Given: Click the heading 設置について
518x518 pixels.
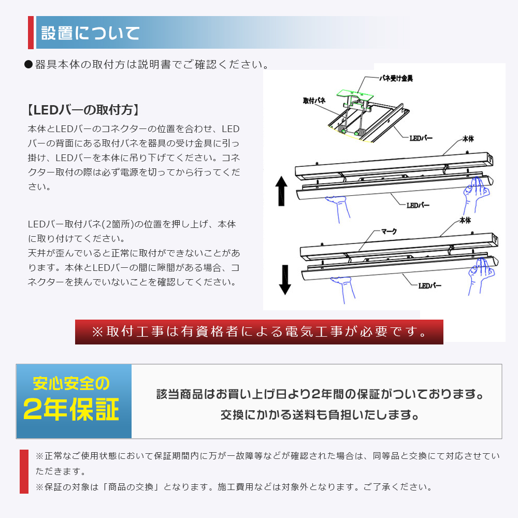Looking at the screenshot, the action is [x=90, y=33].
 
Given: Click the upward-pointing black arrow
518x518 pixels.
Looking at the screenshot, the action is [x=281, y=191].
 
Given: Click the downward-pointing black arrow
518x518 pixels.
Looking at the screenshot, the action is [x=285, y=280].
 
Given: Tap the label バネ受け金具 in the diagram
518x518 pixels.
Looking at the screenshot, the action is [x=396, y=78].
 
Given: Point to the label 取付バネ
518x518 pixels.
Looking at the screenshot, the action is [x=314, y=100].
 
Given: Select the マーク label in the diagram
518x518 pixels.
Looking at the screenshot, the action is [x=389, y=232].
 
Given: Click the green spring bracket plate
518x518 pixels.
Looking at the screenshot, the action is [x=355, y=95].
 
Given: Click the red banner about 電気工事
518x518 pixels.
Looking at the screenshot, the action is [x=259, y=332].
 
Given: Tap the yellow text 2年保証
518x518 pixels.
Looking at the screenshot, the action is [x=71, y=409].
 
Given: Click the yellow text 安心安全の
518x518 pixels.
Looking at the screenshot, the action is [x=71, y=383].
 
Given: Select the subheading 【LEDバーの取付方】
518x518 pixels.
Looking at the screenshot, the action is [x=83, y=110].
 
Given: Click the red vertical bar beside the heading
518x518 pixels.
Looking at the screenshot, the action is [x=31, y=32].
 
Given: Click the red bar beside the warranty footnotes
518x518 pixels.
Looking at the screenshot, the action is [x=24, y=471].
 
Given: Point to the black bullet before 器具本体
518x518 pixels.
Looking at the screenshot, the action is [x=28, y=64].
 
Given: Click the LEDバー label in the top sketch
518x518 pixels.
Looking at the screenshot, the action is [x=421, y=138].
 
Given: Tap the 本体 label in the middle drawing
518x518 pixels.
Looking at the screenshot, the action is [x=468, y=139].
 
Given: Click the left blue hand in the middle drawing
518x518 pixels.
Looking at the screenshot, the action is [x=338, y=209].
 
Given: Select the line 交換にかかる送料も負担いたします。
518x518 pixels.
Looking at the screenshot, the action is [x=320, y=414].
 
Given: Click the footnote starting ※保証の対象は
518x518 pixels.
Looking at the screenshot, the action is [x=234, y=487].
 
